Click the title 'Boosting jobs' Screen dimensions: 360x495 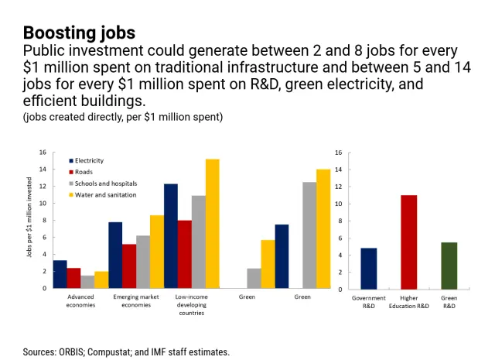79,33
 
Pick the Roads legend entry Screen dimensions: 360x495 84,172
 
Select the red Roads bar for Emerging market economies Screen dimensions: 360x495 129,266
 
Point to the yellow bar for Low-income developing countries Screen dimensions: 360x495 213,224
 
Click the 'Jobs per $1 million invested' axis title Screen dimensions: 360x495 29,219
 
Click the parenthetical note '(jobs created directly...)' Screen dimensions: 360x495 123,117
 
